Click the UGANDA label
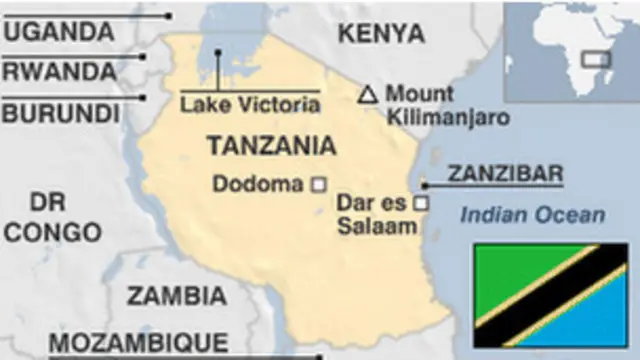tap(59, 32)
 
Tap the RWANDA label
tap(59, 72)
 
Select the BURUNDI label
tap(61, 113)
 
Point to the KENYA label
tap(381, 33)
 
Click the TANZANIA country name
tap(271, 146)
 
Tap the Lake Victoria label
tap(250, 103)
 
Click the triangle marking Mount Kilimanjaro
tap(368, 95)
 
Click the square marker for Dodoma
tap(319, 184)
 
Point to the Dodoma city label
tap(258, 184)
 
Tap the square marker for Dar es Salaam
tap(421, 203)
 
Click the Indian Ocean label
tap(532, 214)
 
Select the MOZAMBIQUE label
tap(138, 341)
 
